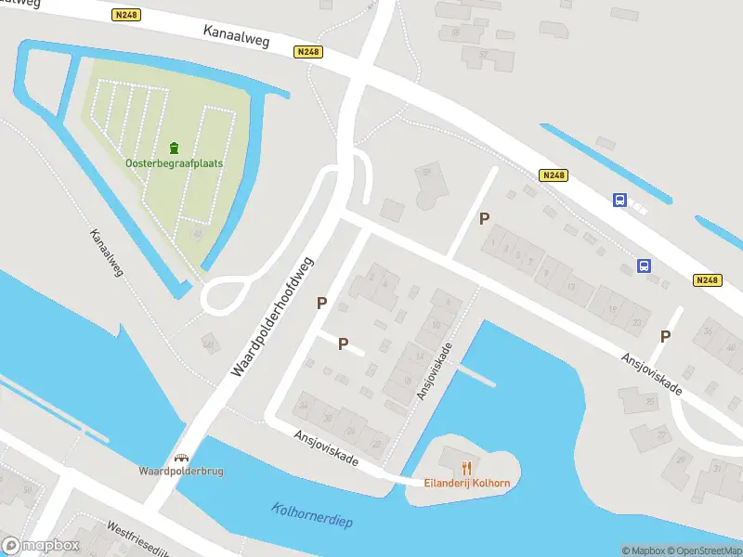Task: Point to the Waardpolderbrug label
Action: (181, 471)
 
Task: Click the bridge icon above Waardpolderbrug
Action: (182, 458)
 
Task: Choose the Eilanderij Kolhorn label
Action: (467, 483)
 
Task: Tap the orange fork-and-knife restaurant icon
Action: (467, 468)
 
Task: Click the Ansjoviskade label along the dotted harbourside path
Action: (434, 371)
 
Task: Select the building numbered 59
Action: (427, 172)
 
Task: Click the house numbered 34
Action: (303, 406)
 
